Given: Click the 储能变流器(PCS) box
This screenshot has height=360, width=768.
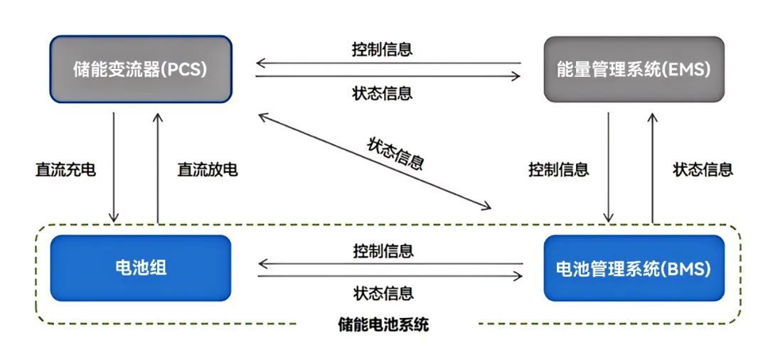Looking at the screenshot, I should [140, 69].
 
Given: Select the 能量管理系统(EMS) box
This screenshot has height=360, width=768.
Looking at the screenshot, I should [634, 69].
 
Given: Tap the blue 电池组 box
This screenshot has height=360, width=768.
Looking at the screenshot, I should [140, 268].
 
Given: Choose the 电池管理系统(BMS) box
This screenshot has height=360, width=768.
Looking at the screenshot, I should [634, 268].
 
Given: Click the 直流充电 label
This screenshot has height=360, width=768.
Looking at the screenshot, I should [65, 170].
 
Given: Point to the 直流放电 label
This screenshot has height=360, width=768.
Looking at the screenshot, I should [207, 170].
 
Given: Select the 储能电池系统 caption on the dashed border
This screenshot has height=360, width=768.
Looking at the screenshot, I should [383, 326].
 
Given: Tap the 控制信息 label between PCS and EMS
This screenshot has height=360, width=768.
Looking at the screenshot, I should [382, 50].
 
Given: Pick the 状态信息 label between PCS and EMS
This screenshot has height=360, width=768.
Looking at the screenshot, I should [382, 93].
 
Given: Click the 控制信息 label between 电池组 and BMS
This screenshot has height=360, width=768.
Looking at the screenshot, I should [383, 250].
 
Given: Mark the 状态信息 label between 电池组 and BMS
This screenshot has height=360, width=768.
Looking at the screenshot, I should [383, 293].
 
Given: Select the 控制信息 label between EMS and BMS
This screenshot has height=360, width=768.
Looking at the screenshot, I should [558, 170].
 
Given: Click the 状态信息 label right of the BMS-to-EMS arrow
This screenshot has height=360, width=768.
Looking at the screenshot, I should [703, 170].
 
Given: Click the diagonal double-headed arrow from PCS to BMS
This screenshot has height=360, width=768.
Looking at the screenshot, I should [374, 160].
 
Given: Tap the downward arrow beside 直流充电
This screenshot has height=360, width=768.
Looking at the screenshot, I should [113, 166].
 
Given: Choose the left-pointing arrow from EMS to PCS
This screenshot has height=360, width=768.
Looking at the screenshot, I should [388, 64].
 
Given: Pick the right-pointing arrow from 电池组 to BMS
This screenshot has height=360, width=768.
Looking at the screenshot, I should [390, 277].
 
